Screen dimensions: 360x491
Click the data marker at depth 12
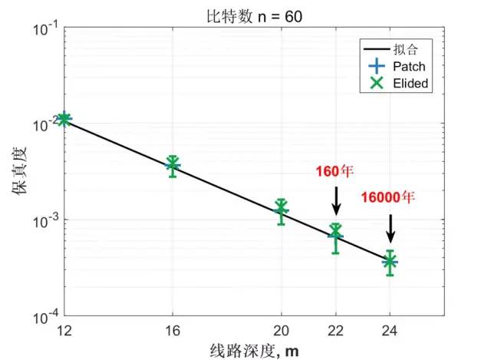[64, 119]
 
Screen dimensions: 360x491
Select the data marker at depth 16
[173, 164]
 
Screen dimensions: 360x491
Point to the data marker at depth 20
[282, 209]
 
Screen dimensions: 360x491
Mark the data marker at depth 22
[335, 233]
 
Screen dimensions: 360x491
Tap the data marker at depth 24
[390, 262]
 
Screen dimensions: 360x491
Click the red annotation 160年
[335, 170]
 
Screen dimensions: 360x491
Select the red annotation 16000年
[387, 197]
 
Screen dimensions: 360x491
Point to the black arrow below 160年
[335, 201]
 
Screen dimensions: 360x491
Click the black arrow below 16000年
[390, 229]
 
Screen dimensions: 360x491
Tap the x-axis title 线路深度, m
[253, 350]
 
